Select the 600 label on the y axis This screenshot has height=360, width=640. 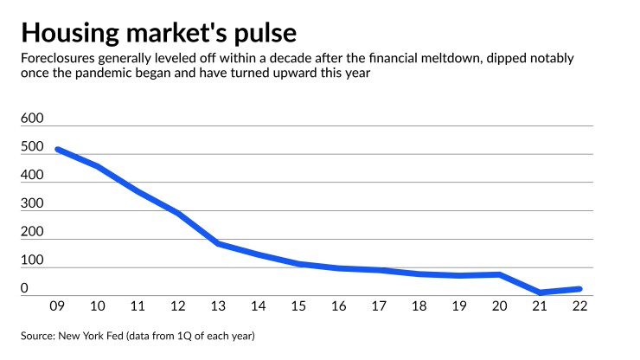31,118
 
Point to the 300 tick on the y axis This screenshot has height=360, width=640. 31,202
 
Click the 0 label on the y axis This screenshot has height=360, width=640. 25,287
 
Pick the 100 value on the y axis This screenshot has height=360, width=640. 31,260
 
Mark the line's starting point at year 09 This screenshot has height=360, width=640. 57,149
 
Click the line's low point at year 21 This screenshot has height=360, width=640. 540,292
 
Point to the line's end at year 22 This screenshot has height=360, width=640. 579,289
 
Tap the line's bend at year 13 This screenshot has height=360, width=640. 218,243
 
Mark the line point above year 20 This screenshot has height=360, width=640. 499,274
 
